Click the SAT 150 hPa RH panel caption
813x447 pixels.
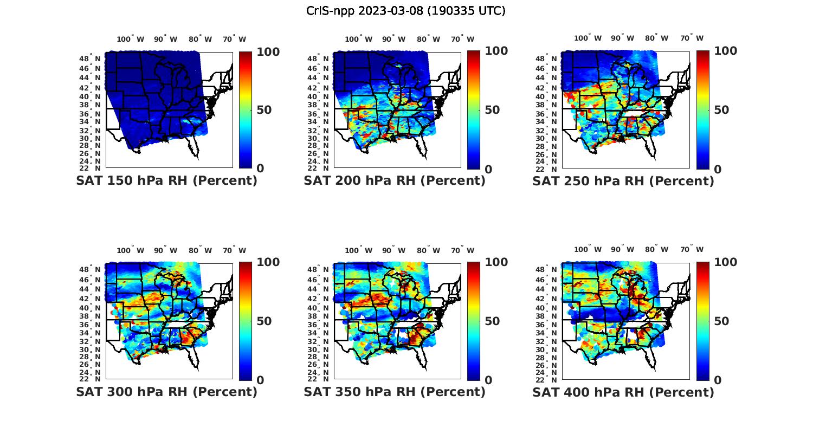(x=166, y=181)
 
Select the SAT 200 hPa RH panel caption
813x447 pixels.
(x=395, y=181)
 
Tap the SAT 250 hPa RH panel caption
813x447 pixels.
(x=623, y=181)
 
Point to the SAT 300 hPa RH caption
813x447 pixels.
(x=166, y=392)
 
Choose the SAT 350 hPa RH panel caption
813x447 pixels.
(x=395, y=392)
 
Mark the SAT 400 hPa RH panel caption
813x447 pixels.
(x=623, y=392)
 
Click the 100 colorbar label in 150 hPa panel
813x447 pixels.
(x=268, y=51)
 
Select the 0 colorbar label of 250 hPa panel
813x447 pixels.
(x=718, y=169)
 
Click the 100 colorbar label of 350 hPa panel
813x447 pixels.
(x=496, y=262)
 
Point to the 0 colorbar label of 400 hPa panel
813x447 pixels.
(x=718, y=380)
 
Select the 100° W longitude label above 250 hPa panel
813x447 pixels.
(x=588, y=38)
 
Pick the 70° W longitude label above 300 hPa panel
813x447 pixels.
(x=234, y=250)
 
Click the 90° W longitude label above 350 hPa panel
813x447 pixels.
(x=393, y=250)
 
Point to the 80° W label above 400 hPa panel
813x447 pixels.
(x=656, y=249)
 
